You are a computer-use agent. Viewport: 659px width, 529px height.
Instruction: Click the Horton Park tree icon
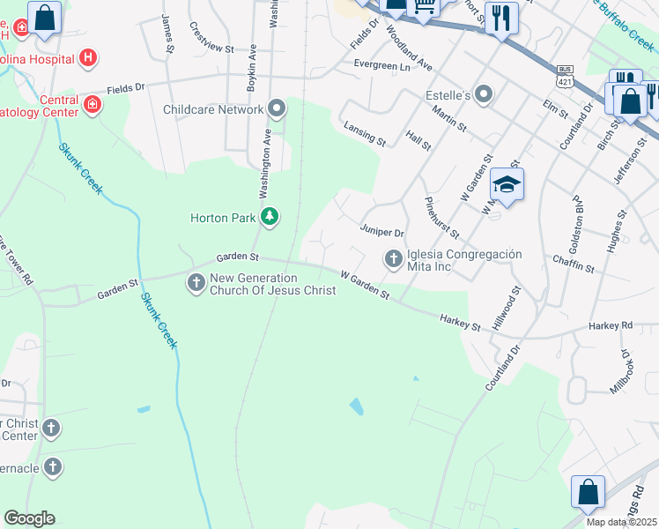coord(270,217)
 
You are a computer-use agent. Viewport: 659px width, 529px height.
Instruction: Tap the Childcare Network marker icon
coord(278,109)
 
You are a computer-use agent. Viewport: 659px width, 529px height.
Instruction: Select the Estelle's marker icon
coord(483,93)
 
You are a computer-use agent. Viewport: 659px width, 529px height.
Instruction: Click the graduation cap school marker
coord(507,184)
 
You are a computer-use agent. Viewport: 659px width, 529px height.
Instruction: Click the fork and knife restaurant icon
coord(501,17)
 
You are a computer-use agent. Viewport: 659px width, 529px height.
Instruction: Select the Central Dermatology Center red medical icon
coord(93,105)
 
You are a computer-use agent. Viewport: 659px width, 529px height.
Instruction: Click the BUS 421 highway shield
coord(566,75)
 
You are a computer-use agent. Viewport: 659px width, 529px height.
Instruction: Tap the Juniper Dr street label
coord(381,232)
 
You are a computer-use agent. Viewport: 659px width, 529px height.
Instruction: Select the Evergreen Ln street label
coord(381,65)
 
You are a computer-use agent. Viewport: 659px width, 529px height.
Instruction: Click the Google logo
coord(29,518)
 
